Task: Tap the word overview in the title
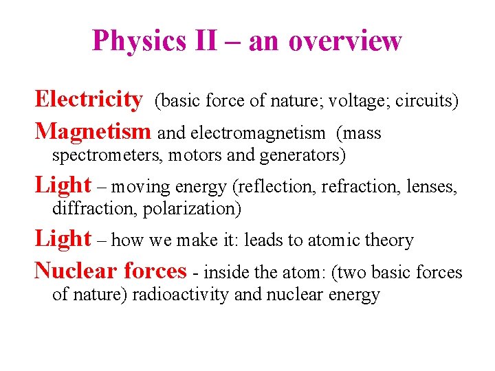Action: [345, 41]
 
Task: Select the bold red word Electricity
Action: [89, 100]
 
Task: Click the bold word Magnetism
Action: [92, 131]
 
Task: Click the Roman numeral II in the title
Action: [206, 41]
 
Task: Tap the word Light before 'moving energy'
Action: [63, 185]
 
